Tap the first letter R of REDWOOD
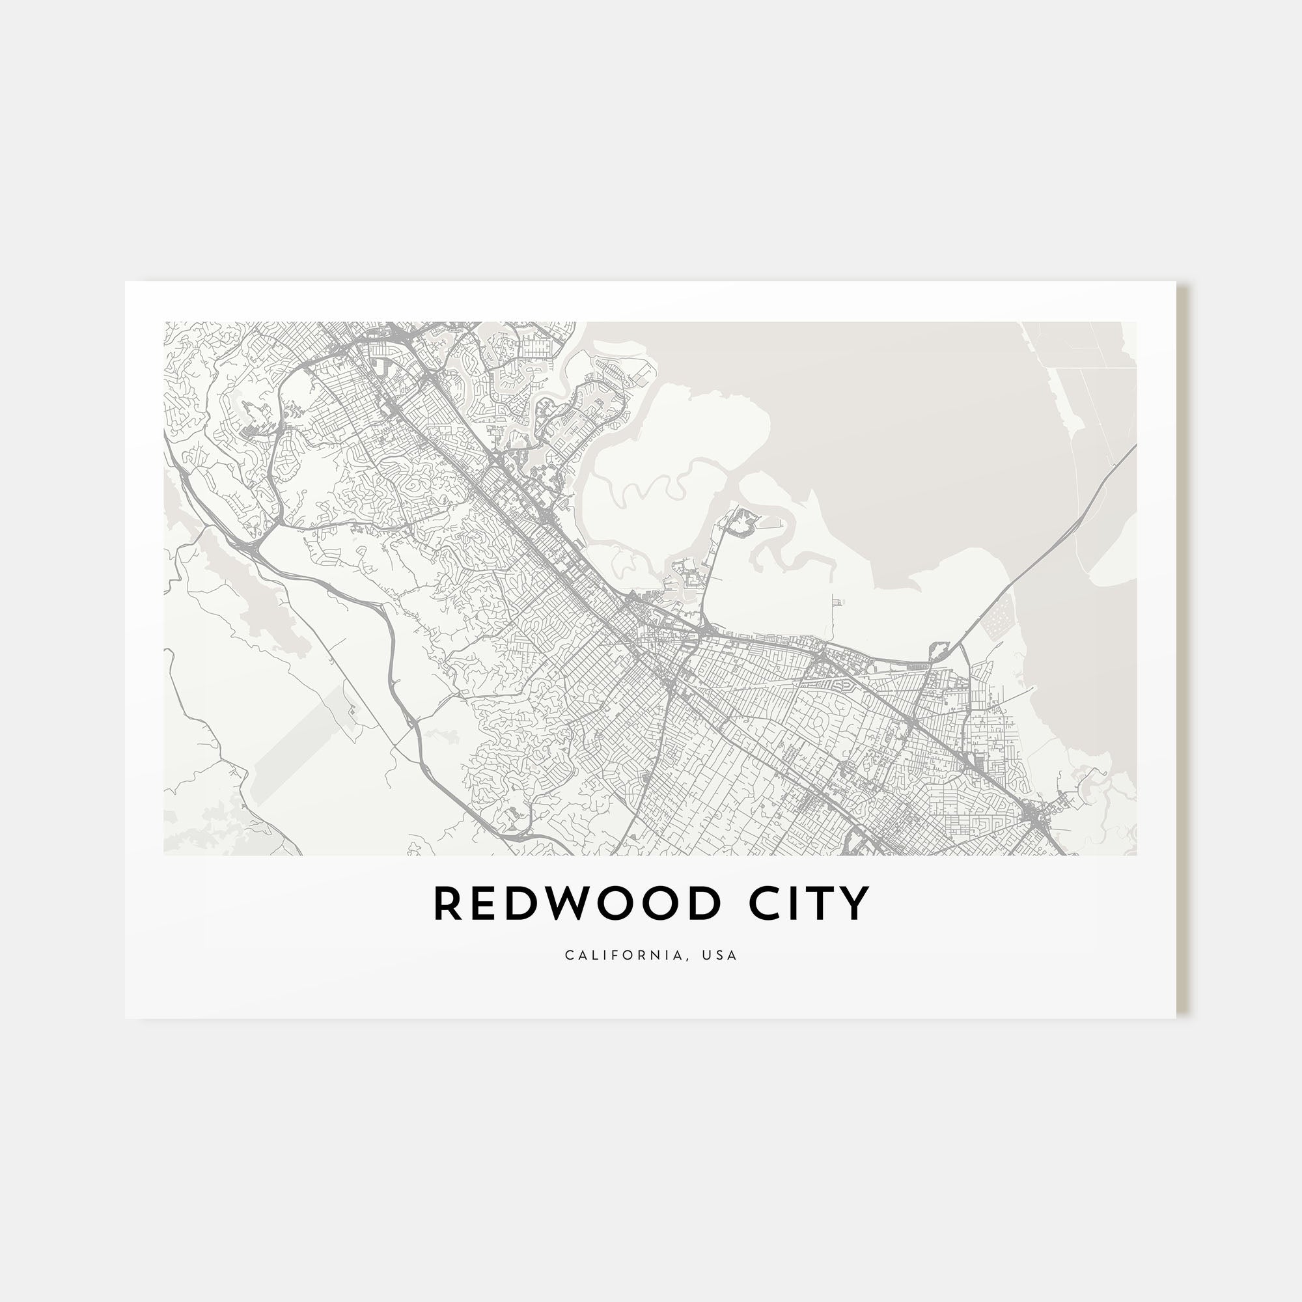(447, 904)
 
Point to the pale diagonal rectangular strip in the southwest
(303, 741)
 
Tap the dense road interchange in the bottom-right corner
(1034, 819)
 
